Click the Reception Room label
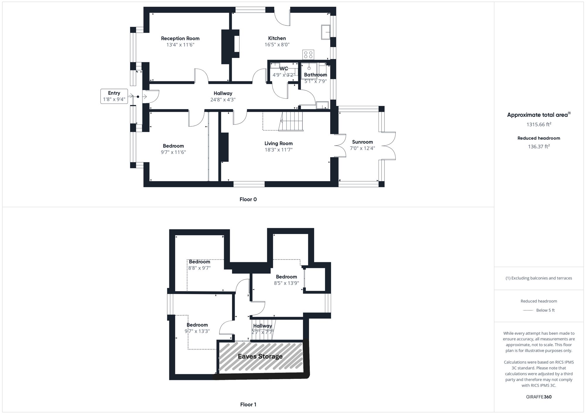coord(180,38)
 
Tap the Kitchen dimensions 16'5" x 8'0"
coord(277,45)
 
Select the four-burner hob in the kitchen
coord(308,55)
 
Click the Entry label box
coord(114,96)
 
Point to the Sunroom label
coord(362,142)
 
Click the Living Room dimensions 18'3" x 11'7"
coord(278,150)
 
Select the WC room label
coord(284,69)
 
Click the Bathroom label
coord(315,75)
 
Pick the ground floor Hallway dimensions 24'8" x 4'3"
coord(223,100)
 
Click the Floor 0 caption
coord(248,200)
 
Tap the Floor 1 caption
coord(248,405)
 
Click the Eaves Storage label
coord(260,356)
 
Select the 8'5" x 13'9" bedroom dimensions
coord(286,283)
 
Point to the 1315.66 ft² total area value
coord(539,124)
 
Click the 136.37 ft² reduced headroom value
coord(539,147)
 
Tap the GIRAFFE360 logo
coord(539,397)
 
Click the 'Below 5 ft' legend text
coord(545,310)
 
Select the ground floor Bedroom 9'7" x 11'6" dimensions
coord(173,152)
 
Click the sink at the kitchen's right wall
coord(326,32)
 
